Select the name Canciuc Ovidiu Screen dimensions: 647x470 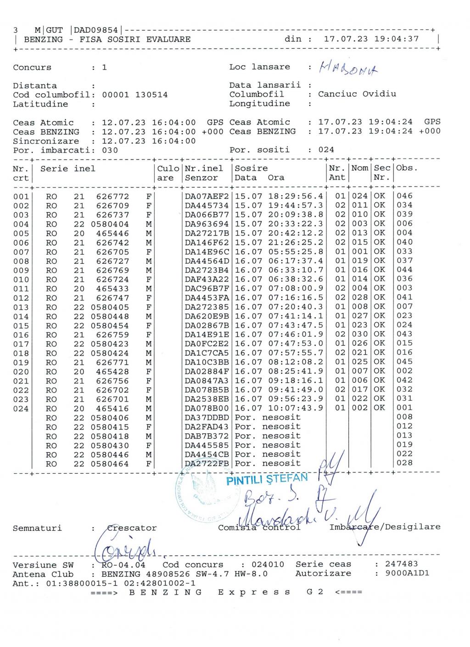357,94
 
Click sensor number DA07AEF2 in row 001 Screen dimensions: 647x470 207,196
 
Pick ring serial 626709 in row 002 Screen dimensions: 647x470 112,205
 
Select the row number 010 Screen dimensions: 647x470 21,279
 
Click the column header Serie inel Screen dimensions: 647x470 68,169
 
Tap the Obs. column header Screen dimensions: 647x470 407,168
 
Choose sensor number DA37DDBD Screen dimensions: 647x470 207,418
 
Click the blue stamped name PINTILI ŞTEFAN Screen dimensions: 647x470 267,479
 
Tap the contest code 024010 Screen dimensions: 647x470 268,564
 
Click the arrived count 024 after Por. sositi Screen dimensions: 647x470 326,150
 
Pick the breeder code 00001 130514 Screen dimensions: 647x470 134,95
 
